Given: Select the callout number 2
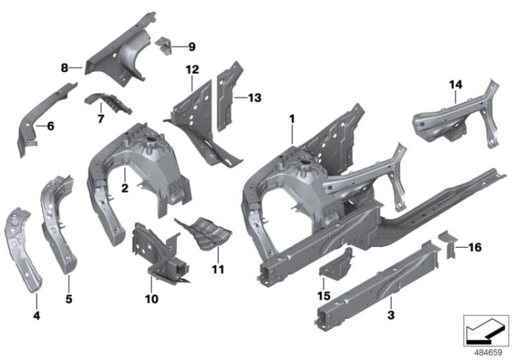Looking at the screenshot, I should (x=124, y=187).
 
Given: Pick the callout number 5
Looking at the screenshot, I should (x=68, y=298).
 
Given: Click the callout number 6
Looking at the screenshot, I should (x=49, y=126).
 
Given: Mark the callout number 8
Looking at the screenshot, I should (x=64, y=67).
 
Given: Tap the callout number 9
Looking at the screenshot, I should (x=191, y=47).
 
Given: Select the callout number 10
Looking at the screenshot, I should (x=151, y=298).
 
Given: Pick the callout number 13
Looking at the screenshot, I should (x=254, y=98).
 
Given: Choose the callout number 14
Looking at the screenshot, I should (x=456, y=84).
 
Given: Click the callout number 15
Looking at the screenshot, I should (x=323, y=297).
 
